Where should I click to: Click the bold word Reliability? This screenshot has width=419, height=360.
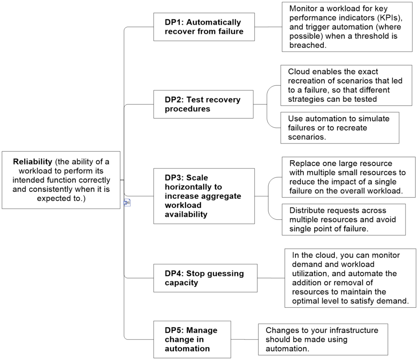click(x=33, y=162)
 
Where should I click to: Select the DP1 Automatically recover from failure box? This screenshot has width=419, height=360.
click(x=204, y=27)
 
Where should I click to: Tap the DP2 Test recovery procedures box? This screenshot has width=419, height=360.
click(x=203, y=104)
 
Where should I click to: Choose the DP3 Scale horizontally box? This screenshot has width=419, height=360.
click(x=204, y=196)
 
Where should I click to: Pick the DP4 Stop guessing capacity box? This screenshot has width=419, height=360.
click(x=205, y=278)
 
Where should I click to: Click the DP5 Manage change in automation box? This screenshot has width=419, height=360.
click(x=192, y=340)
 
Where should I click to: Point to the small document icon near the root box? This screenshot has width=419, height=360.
click(x=127, y=202)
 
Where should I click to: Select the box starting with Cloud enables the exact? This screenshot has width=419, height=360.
click(x=346, y=85)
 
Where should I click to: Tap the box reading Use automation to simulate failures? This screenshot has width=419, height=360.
click(x=340, y=128)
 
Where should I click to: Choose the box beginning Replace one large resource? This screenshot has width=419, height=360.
click(x=349, y=177)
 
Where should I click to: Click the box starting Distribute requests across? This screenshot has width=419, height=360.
click(x=344, y=220)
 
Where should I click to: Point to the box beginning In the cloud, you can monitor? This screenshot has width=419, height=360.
click(x=350, y=278)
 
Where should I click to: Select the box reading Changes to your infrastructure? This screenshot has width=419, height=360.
click(x=323, y=340)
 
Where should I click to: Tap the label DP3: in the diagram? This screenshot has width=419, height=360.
click(x=173, y=178)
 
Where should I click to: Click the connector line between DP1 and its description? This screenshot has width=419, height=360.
click(x=268, y=27)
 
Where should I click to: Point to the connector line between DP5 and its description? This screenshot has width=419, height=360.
click(x=245, y=340)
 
